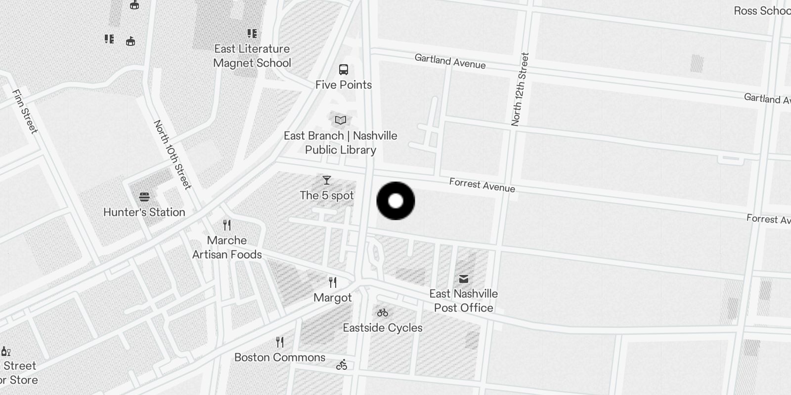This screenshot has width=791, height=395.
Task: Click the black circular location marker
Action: pyautogui.click(x=395, y=200)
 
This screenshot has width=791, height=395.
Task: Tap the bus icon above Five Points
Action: pyautogui.click(x=344, y=70)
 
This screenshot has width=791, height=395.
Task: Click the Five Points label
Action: pyautogui.click(x=344, y=85)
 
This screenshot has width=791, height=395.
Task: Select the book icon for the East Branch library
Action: pyautogui.click(x=340, y=120)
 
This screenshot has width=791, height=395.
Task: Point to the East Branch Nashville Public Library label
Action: pyautogui.click(x=341, y=143)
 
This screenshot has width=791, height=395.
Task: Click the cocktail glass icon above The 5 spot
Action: pyautogui.click(x=326, y=180)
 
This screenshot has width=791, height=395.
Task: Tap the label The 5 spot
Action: pyautogui.click(x=327, y=196)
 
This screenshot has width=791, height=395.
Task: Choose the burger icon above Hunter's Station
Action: pyautogui.click(x=144, y=197)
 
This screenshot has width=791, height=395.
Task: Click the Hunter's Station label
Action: pyautogui.click(x=144, y=212)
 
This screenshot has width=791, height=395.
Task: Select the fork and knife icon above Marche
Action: pyautogui.click(x=227, y=225)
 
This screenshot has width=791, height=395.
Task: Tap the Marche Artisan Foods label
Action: pyautogui.click(x=227, y=247)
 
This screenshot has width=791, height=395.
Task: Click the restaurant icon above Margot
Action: pyautogui.click(x=333, y=282)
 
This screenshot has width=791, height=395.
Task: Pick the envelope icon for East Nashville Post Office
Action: pyautogui.click(x=463, y=279)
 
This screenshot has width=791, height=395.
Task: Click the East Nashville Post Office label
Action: pyautogui.click(x=463, y=301)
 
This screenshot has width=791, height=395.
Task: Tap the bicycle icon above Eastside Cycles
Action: pyautogui.click(x=382, y=313)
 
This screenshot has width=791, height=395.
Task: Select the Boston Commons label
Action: pyautogui.click(x=280, y=357)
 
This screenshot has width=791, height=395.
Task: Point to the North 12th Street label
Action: pyautogui.click(x=520, y=89)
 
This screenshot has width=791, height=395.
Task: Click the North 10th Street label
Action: pyautogui.click(x=172, y=155)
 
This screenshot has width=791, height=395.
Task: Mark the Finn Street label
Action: pyautogui.click(x=25, y=111)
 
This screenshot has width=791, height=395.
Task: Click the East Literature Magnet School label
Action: pyautogui.click(x=252, y=56)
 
